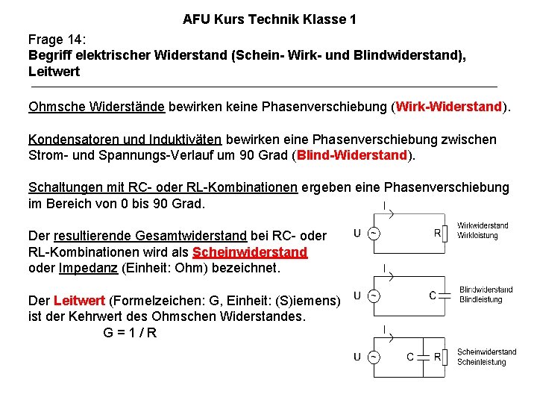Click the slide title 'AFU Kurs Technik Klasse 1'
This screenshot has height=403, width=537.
click(269, 19)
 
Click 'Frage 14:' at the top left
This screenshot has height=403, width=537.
click(57, 39)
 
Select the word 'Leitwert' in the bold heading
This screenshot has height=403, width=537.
click(54, 72)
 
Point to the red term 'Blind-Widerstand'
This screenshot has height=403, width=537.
click(352, 156)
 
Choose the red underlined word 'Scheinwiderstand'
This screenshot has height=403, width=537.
click(250, 252)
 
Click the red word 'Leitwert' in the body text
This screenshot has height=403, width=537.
click(80, 301)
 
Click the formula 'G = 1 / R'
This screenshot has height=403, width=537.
click(130, 333)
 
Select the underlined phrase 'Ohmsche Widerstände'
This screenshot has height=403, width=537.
click(96, 107)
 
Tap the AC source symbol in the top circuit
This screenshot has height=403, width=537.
click(372, 234)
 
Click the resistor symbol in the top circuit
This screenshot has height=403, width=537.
click(445, 234)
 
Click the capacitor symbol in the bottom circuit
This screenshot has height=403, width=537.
click(422, 357)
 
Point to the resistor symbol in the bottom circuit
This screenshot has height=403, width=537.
click(446, 357)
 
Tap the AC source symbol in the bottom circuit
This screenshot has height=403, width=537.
click(372, 357)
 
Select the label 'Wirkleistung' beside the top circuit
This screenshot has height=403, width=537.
click(477, 235)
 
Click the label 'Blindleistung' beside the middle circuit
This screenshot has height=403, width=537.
click(482, 300)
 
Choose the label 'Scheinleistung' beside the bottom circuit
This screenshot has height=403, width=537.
click(481, 363)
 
